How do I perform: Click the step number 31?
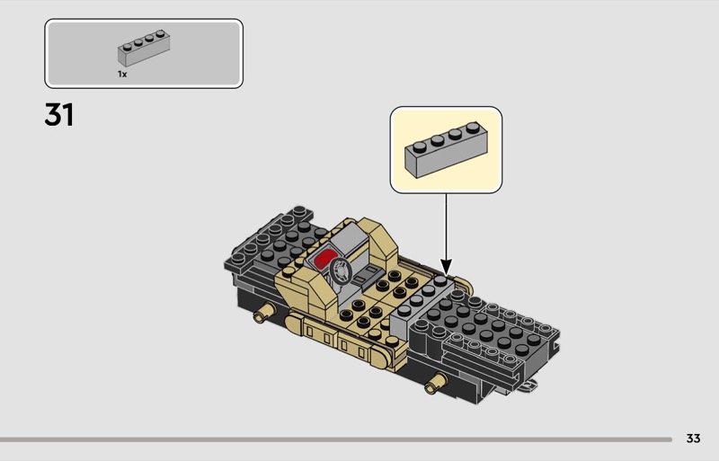click(x=58, y=115)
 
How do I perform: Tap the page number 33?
click(x=693, y=439)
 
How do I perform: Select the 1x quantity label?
click(x=122, y=74)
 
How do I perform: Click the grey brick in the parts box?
click(x=144, y=49)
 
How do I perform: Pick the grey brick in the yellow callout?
click(x=446, y=149)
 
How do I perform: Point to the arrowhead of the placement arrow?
click(x=446, y=267)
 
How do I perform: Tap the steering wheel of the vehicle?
click(x=342, y=270)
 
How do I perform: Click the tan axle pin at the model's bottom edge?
click(x=436, y=384)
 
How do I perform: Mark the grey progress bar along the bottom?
click(x=335, y=439)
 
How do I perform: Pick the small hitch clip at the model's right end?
click(x=528, y=386)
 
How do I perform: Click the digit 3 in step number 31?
click(x=54, y=115)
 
